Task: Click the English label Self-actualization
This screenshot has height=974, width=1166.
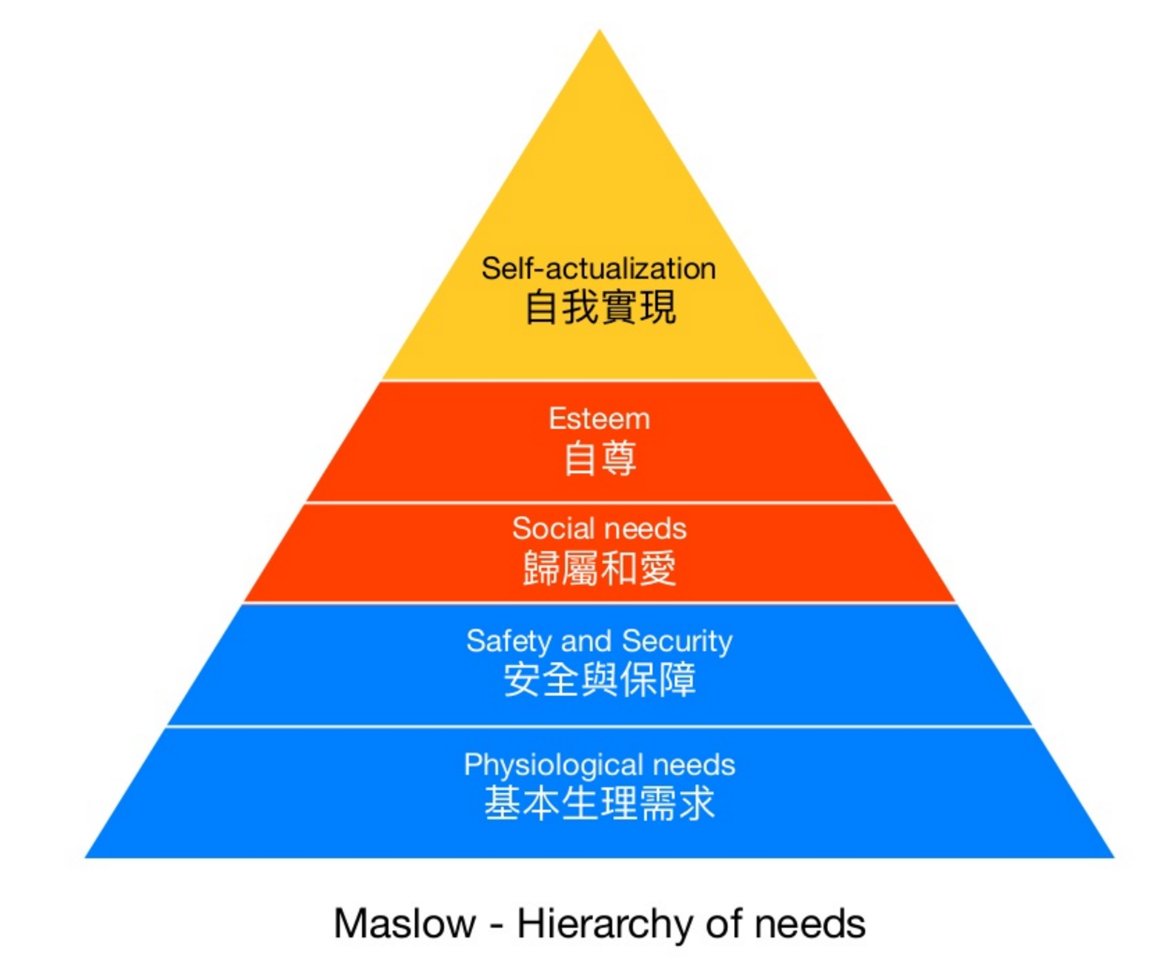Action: pos(598,268)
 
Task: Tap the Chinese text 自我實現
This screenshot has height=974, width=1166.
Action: pos(600,308)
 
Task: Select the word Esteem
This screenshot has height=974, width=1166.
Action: pos(599,419)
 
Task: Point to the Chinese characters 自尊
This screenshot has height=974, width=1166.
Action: pos(600,458)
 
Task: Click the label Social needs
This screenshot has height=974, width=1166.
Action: pos(599,529)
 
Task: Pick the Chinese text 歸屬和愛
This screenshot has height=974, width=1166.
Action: pos(600,569)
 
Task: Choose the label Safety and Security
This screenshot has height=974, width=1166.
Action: pos(599,641)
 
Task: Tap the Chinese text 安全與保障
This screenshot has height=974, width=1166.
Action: pos(600,680)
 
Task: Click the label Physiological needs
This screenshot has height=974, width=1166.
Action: pos(599,764)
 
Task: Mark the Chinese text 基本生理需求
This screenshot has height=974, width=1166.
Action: pos(600,804)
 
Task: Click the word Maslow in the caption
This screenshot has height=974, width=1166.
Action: pos(404,924)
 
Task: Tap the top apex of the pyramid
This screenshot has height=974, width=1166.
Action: pos(599,32)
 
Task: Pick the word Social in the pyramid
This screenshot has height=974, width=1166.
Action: pos(548,529)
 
